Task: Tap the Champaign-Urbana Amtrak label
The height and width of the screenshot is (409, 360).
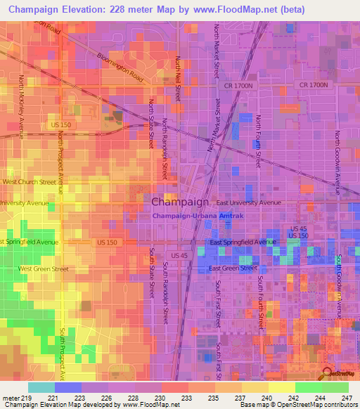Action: click(x=198, y=216)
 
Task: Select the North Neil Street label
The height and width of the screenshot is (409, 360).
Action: click(x=179, y=79)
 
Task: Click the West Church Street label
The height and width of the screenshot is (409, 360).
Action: click(x=29, y=181)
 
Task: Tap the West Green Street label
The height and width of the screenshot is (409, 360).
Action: click(x=44, y=268)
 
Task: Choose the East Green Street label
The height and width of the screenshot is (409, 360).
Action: click(x=233, y=268)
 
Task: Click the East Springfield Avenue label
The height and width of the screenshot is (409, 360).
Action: click(x=241, y=242)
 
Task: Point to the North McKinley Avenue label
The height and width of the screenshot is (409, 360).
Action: click(x=22, y=105)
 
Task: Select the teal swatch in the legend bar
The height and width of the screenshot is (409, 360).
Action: click(x=41, y=387)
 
